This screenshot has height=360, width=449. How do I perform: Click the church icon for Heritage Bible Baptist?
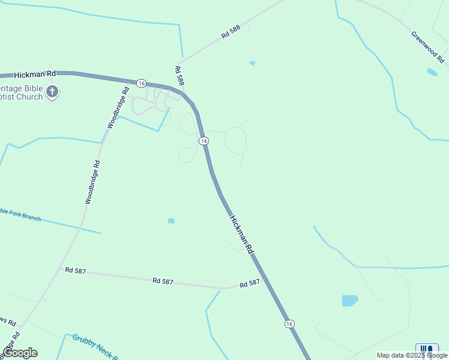click(53, 92)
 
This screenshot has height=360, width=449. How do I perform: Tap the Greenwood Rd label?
click(427, 49)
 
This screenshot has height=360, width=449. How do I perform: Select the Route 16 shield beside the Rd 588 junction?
click(141, 83)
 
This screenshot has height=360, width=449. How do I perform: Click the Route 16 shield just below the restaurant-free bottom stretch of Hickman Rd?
click(290, 323)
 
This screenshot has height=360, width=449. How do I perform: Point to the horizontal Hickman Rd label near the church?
click(35, 73)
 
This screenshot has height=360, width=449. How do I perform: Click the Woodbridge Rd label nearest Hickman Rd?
click(118, 109)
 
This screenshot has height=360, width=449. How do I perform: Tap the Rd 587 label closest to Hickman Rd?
click(250, 283)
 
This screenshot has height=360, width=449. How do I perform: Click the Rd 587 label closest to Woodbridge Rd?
click(76, 271)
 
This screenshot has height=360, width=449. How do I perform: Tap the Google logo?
click(20, 352)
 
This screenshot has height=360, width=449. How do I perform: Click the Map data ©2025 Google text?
click(412, 355)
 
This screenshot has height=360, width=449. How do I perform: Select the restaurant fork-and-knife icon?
click(427, 349)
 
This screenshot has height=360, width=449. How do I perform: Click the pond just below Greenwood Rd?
click(432, 72)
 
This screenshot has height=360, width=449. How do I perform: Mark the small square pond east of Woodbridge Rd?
click(171, 221)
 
